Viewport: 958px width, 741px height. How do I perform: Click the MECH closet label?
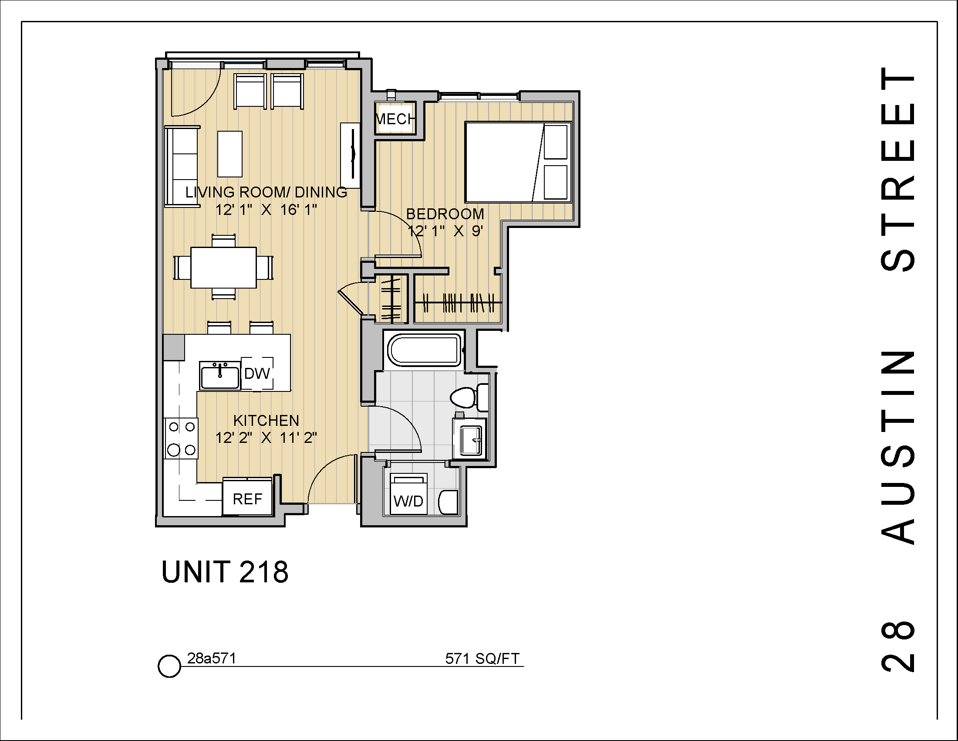(395, 119)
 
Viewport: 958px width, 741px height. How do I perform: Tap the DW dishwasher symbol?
(257, 374)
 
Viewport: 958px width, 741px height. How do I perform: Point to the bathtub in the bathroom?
(424, 350)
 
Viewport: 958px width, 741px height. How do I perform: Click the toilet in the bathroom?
(465, 397)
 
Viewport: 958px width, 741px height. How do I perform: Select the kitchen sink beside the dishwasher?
(220, 376)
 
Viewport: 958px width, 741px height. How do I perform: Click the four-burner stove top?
(181, 438)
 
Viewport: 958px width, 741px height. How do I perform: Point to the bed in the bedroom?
(518, 162)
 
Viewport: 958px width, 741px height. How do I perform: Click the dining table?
(223, 267)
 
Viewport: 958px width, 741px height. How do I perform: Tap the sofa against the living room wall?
(182, 167)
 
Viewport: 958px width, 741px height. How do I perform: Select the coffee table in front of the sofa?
(230, 153)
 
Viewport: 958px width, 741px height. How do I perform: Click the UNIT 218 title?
(225, 572)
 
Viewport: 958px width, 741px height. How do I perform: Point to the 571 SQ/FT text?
(482, 659)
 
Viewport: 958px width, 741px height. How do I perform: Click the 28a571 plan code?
(212, 658)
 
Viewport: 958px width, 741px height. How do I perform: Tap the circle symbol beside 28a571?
(169, 666)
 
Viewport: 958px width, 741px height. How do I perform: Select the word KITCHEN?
(266, 421)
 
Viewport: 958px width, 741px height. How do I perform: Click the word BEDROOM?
(445, 214)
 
